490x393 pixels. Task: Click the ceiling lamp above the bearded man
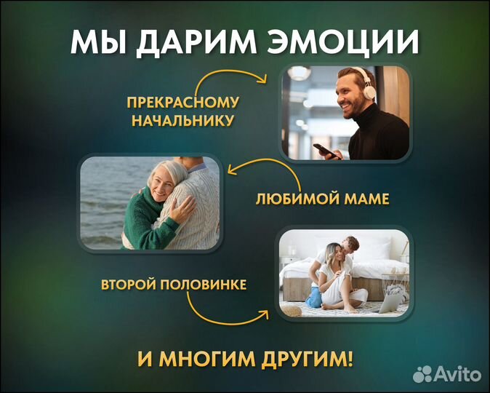tap(299, 73)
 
